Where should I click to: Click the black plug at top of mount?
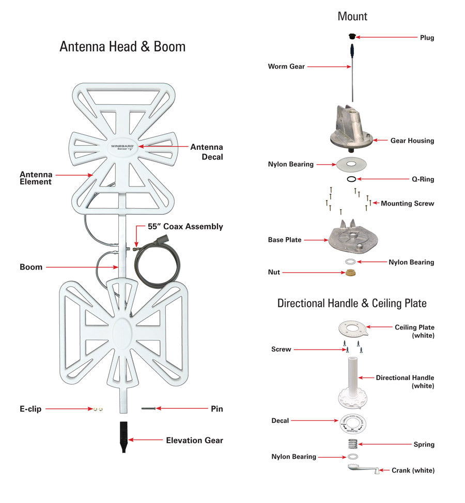tap(351, 36)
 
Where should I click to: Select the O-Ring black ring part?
tap(351, 179)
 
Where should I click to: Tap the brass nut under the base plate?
tap(351, 272)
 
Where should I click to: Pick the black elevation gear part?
tap(123, 436)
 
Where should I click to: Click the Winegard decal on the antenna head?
tap(122, 146)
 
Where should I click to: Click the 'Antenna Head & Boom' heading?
tap(122, 46)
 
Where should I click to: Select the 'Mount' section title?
tap(352, 17)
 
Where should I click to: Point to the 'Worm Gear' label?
tap(286, 67)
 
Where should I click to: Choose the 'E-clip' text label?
tap(31, 409)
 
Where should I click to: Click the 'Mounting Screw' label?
tap(407, 203)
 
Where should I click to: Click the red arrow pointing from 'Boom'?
tap(83, 267)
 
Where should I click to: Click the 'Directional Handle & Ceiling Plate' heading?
tap(352, 303)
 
